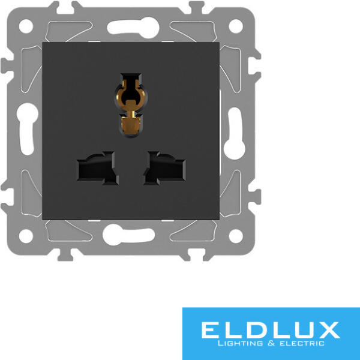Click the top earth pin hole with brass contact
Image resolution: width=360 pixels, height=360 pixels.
pyautogui.click(x=131, y=105)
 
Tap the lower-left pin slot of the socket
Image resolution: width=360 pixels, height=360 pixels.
pyautogui.click(x=98, y=168)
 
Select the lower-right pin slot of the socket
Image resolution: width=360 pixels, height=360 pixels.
pyautogui.click(x=164, y=168)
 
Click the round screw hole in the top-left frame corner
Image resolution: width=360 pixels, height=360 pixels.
pyautogui.click(x=26, y=26)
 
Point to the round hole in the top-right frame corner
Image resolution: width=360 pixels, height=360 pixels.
pyautogui.click(x=236, y=26)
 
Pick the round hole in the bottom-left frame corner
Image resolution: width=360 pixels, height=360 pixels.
pyautogui.click(x=26, y=236)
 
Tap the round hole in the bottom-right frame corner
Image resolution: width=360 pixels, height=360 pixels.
pyautogui.click(x=236, y=236)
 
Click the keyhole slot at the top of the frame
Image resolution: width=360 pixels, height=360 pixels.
pyautogui.click(x=133, y=28)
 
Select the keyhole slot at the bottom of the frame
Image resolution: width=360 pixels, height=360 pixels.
pyautogui.click(x=128, y=235)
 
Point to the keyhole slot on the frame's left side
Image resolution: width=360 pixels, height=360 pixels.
pyautogui.click(x=28, y=129)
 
